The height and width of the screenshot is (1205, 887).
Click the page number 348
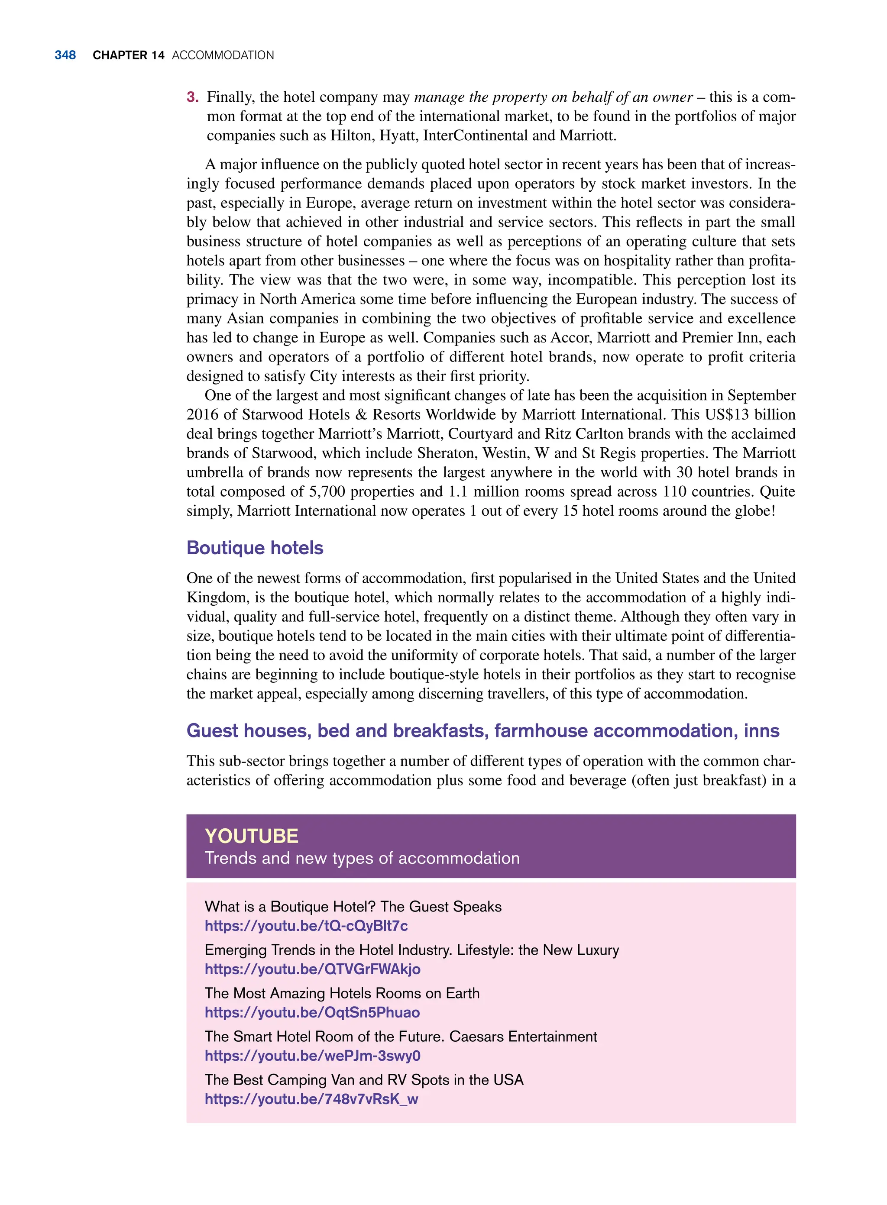pyautogui.click(x=65, y=55)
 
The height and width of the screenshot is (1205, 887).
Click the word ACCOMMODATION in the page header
pyautogui.click(x=223, y=55)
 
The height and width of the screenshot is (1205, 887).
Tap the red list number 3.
pyautogui.click(x=192, y=97)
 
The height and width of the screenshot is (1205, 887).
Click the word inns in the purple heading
pyautogui.click(x=761, y=730)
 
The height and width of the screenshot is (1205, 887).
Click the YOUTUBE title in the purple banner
pyautogui.click(x=251, y=836)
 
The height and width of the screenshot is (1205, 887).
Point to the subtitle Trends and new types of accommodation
pyautogui.click(x=362, y=858)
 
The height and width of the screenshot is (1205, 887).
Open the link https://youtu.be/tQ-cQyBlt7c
pyautogui.click(x=306, y=926)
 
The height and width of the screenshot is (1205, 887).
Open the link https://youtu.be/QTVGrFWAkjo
pyautogui.click(x=313, y=969)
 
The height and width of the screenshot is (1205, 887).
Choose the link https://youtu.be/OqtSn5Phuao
pyautogui.click(x=312, y=1012)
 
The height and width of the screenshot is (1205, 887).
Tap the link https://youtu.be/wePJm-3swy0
pyautogui.click(x=313, y=1056)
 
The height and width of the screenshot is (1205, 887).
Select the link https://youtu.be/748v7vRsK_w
pyautogui.click(x=311, y=1099)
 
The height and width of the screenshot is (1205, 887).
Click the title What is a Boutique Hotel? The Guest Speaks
pyautogui.click(x=353, y=907)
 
